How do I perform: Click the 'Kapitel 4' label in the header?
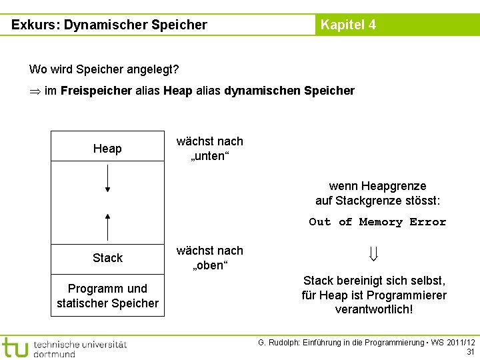(348, 25)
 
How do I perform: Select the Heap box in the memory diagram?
(107, 149)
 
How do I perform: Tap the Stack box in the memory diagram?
(107, 258)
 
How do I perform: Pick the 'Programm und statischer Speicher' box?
(107, 296)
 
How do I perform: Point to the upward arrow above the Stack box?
(107, 227)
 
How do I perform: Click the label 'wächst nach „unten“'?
(209, 148)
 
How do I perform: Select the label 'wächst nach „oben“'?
(209, 258)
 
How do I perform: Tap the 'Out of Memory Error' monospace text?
(377, 222)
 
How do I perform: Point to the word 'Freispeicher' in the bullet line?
(96, 91)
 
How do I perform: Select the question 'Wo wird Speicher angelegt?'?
(103, 69)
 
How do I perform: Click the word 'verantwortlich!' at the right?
(374, 309)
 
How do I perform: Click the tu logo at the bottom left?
(15, 347)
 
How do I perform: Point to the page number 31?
(470, 352)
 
